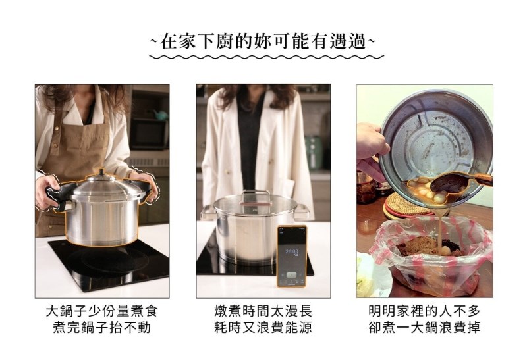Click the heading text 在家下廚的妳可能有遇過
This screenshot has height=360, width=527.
coord(262,41)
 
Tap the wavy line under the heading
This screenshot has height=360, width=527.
coord(266,57)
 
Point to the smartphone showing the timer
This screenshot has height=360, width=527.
coord(292,256)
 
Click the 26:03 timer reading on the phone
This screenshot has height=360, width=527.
coord(291,251)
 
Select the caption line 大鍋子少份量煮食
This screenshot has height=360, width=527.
coord(102,311)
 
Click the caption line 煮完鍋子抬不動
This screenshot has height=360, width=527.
coord(102,328)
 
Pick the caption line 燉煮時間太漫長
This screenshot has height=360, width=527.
coord(263,311)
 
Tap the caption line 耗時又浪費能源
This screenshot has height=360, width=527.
coord(263,328)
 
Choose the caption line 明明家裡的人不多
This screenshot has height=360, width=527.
coord(424,311)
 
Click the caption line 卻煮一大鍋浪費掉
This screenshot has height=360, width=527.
coord(424,328)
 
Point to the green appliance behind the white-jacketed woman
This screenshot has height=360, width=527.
coord(314,153)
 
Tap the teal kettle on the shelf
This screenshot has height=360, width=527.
coord(160,115)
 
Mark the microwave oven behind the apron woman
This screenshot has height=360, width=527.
coord(150,134)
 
